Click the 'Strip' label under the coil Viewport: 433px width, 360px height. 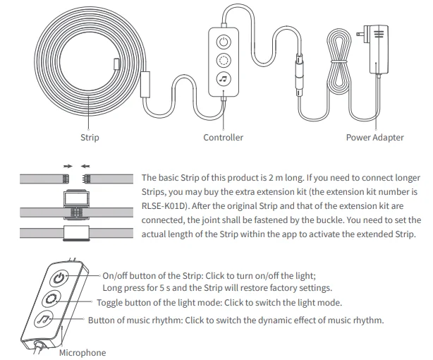pyautogui.click(x=90, y=137)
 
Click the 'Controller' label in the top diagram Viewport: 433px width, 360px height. pyautogui.click(x=223, y=137)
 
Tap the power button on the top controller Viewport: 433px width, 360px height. pyautogui.click(x=224, y=40)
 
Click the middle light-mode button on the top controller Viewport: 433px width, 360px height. pyautogui.click(x=224, y=61)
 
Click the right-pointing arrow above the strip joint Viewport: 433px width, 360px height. pyautogui.click(x=68, y=167)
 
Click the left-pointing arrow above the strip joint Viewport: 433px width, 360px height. pyautogui.click(x=85, y=167)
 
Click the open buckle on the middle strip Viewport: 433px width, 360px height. pyautogui.click(x=76, y=204)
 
